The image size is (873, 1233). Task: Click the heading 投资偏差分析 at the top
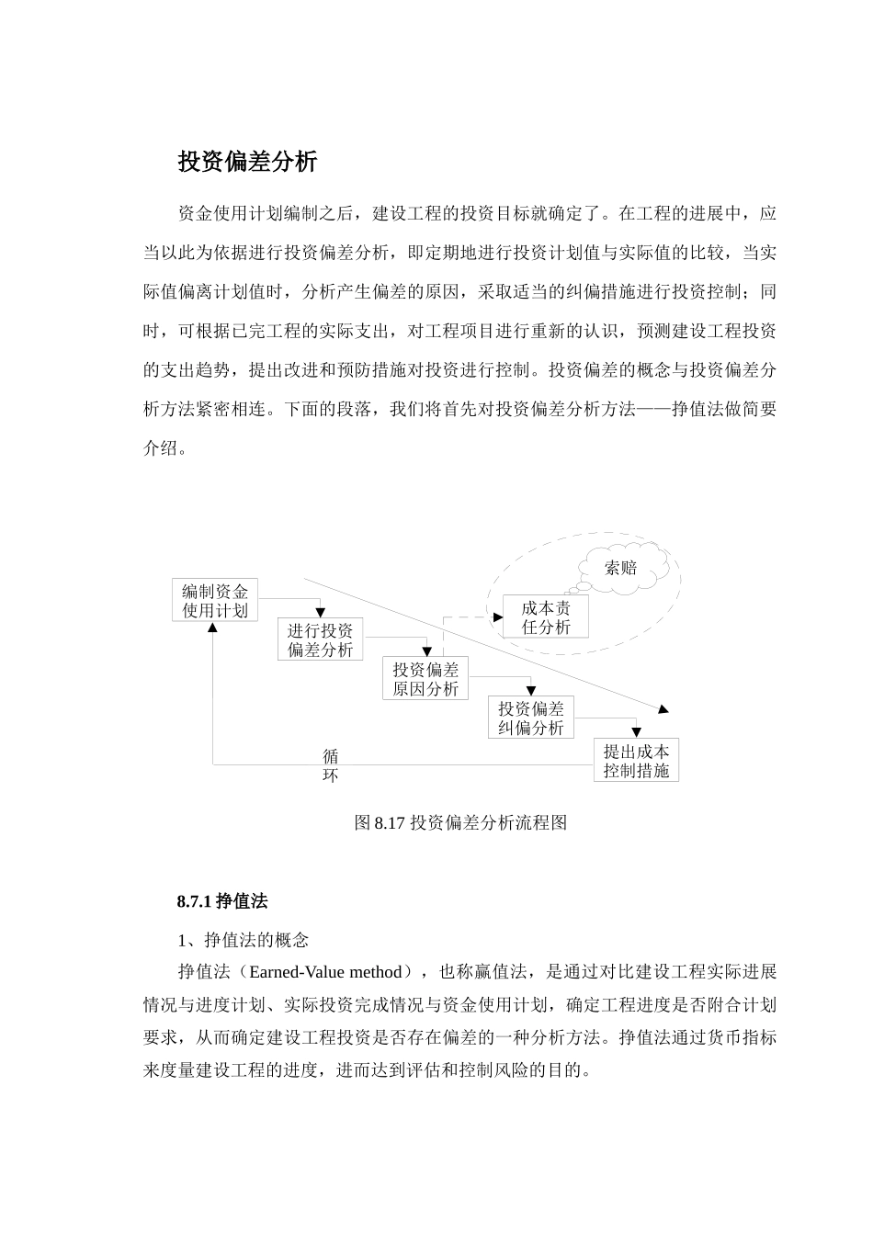click(247, 163)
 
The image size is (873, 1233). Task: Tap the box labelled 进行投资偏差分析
click(321, 639)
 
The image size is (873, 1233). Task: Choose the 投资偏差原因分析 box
click(425, 679)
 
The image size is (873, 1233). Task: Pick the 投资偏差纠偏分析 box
click(531, 718)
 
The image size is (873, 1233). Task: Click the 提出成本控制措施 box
click(636, 761)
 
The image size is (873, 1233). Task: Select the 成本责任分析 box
click(546, 617)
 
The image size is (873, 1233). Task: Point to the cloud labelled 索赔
click(620, 569)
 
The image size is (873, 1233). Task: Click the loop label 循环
click(331, 765)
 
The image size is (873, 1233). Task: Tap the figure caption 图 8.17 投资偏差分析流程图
click(460, 823)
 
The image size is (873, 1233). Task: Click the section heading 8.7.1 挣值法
click(222, 902)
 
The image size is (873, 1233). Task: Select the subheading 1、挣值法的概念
click(243, 940)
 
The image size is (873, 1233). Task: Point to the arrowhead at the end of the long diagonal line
click(663, 708)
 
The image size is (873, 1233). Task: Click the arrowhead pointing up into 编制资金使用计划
click(213, 627)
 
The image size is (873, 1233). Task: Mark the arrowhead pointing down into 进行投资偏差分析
click(321, 613)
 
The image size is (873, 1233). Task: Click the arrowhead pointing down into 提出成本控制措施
click(636, 733)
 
